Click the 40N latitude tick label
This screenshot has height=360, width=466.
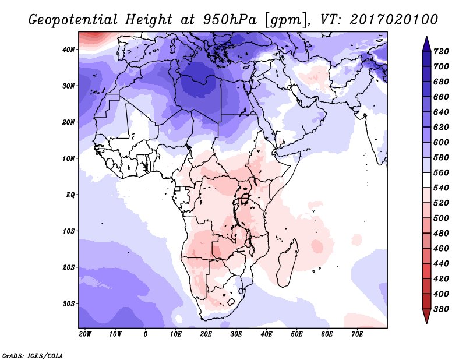pyautogui.click(x=69, y=50)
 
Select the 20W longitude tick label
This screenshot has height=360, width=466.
pyautogui.click(x=85, y=334)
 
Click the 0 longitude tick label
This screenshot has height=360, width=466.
pyautogui.click(x=146, y=334)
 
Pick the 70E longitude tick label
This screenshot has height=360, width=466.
pyautogui.click(x=358, y=334)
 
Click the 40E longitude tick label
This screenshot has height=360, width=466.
pyautogui.click(x=267, y=334)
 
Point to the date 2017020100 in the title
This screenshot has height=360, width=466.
pyautogui.click(x=394, y=19)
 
